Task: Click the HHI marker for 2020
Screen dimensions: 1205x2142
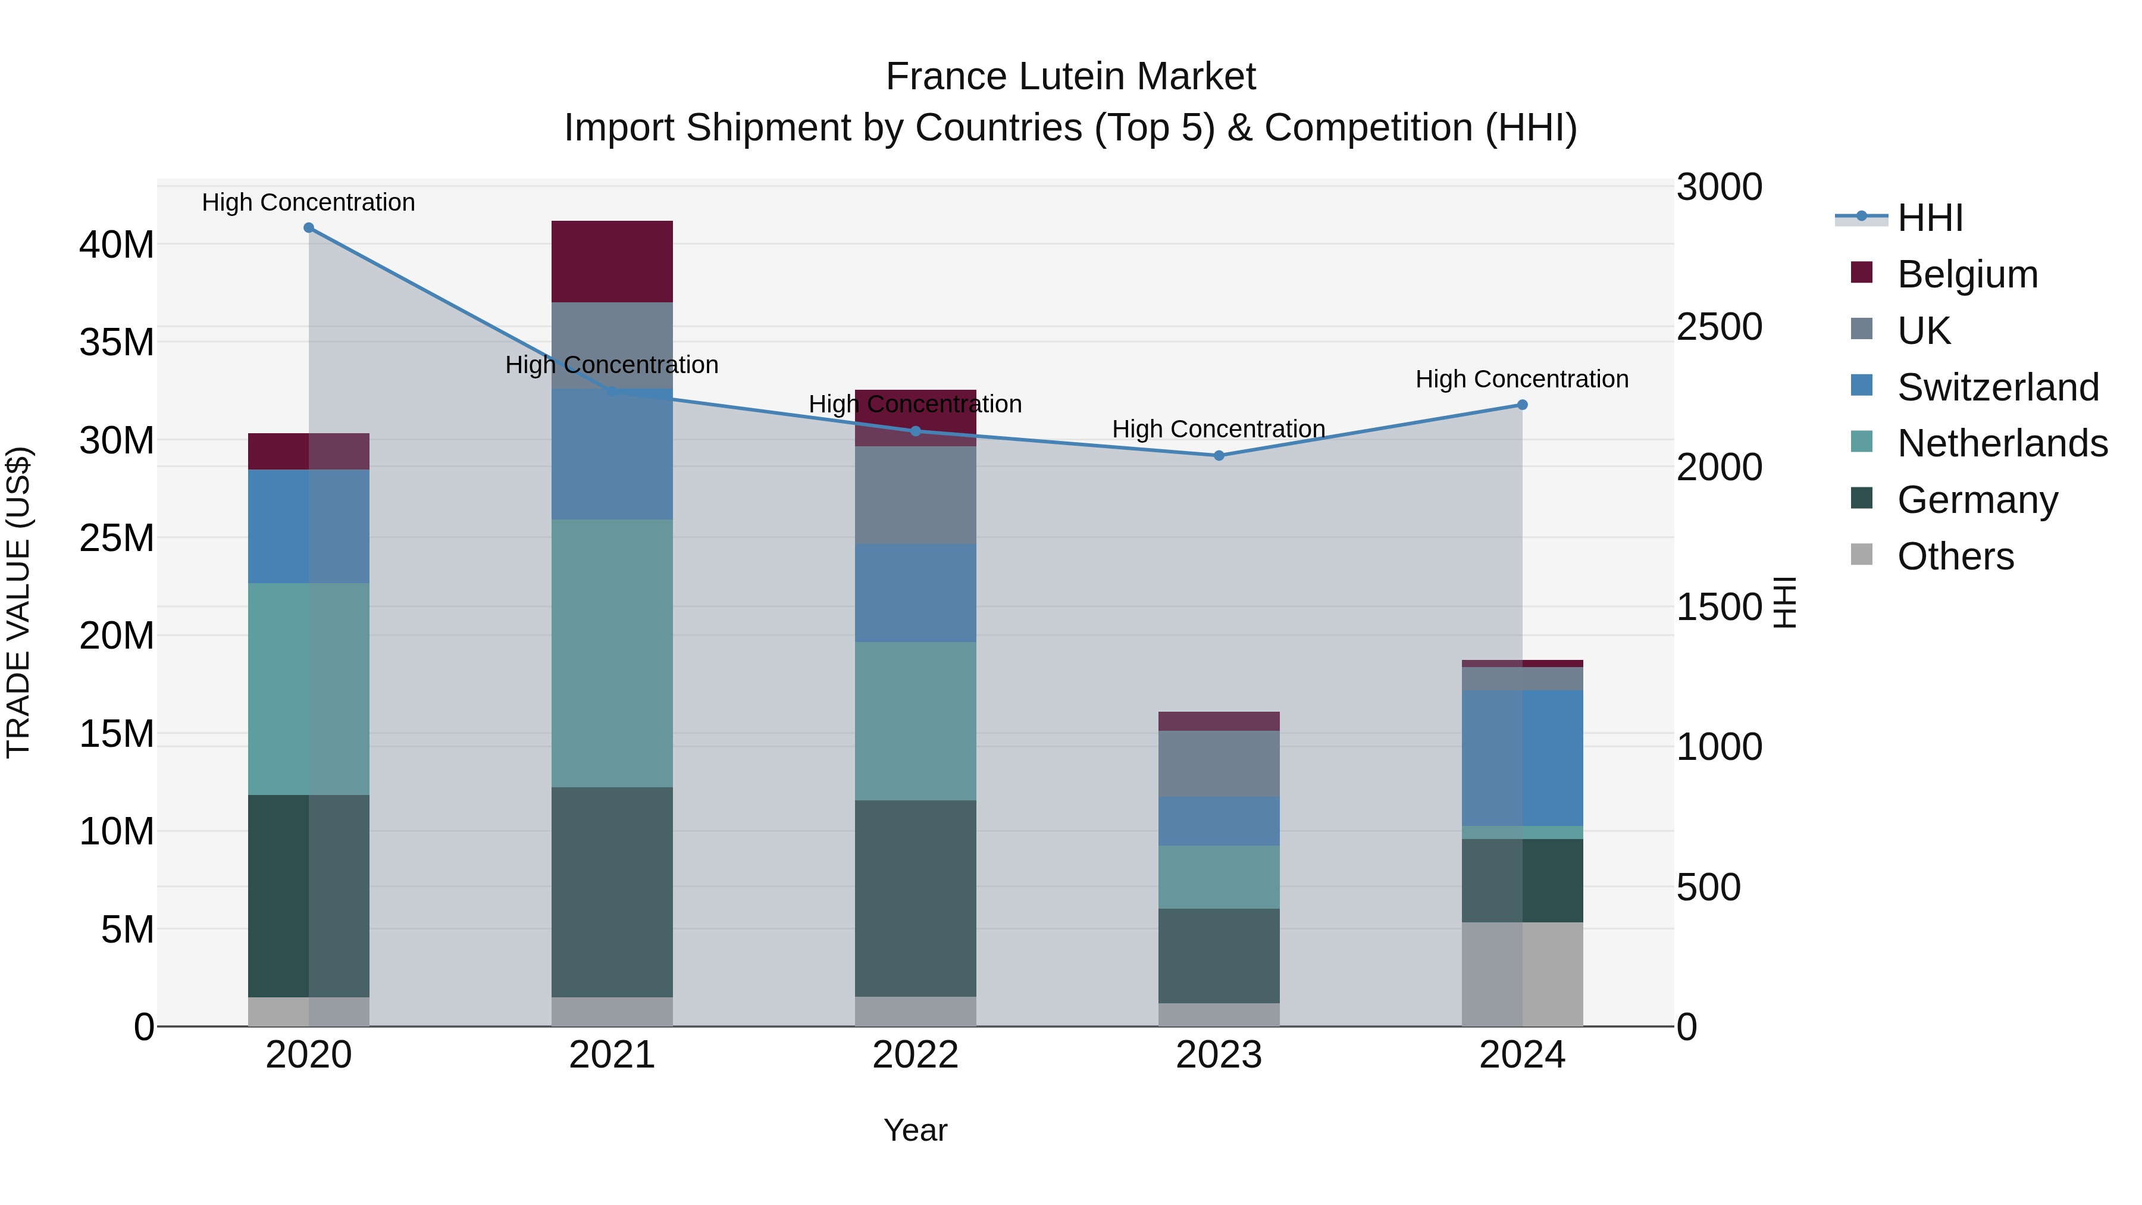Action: click(308, 228)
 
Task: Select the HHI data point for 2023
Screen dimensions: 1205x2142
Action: click(1219, 456)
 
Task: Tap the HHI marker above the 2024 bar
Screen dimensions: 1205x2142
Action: click(1523, 405)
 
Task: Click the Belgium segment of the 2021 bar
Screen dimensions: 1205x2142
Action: click(612, 261)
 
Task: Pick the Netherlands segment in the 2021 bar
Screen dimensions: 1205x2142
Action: click(612, 653)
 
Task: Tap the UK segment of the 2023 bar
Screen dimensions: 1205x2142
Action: click(1219, 763)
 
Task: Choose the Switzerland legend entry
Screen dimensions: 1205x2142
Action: click(1997, 387)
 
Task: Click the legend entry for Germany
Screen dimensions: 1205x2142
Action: click(1977, 500)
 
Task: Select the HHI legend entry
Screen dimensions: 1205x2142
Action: click(1929, 218)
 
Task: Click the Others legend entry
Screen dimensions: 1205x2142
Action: click(1955, 556)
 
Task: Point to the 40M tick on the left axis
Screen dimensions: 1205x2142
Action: click(117, 245)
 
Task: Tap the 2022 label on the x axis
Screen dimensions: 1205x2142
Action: click(916, 1055)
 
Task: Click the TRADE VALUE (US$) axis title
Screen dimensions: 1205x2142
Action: click(19, 602)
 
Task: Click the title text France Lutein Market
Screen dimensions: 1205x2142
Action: click(1070, 77)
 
